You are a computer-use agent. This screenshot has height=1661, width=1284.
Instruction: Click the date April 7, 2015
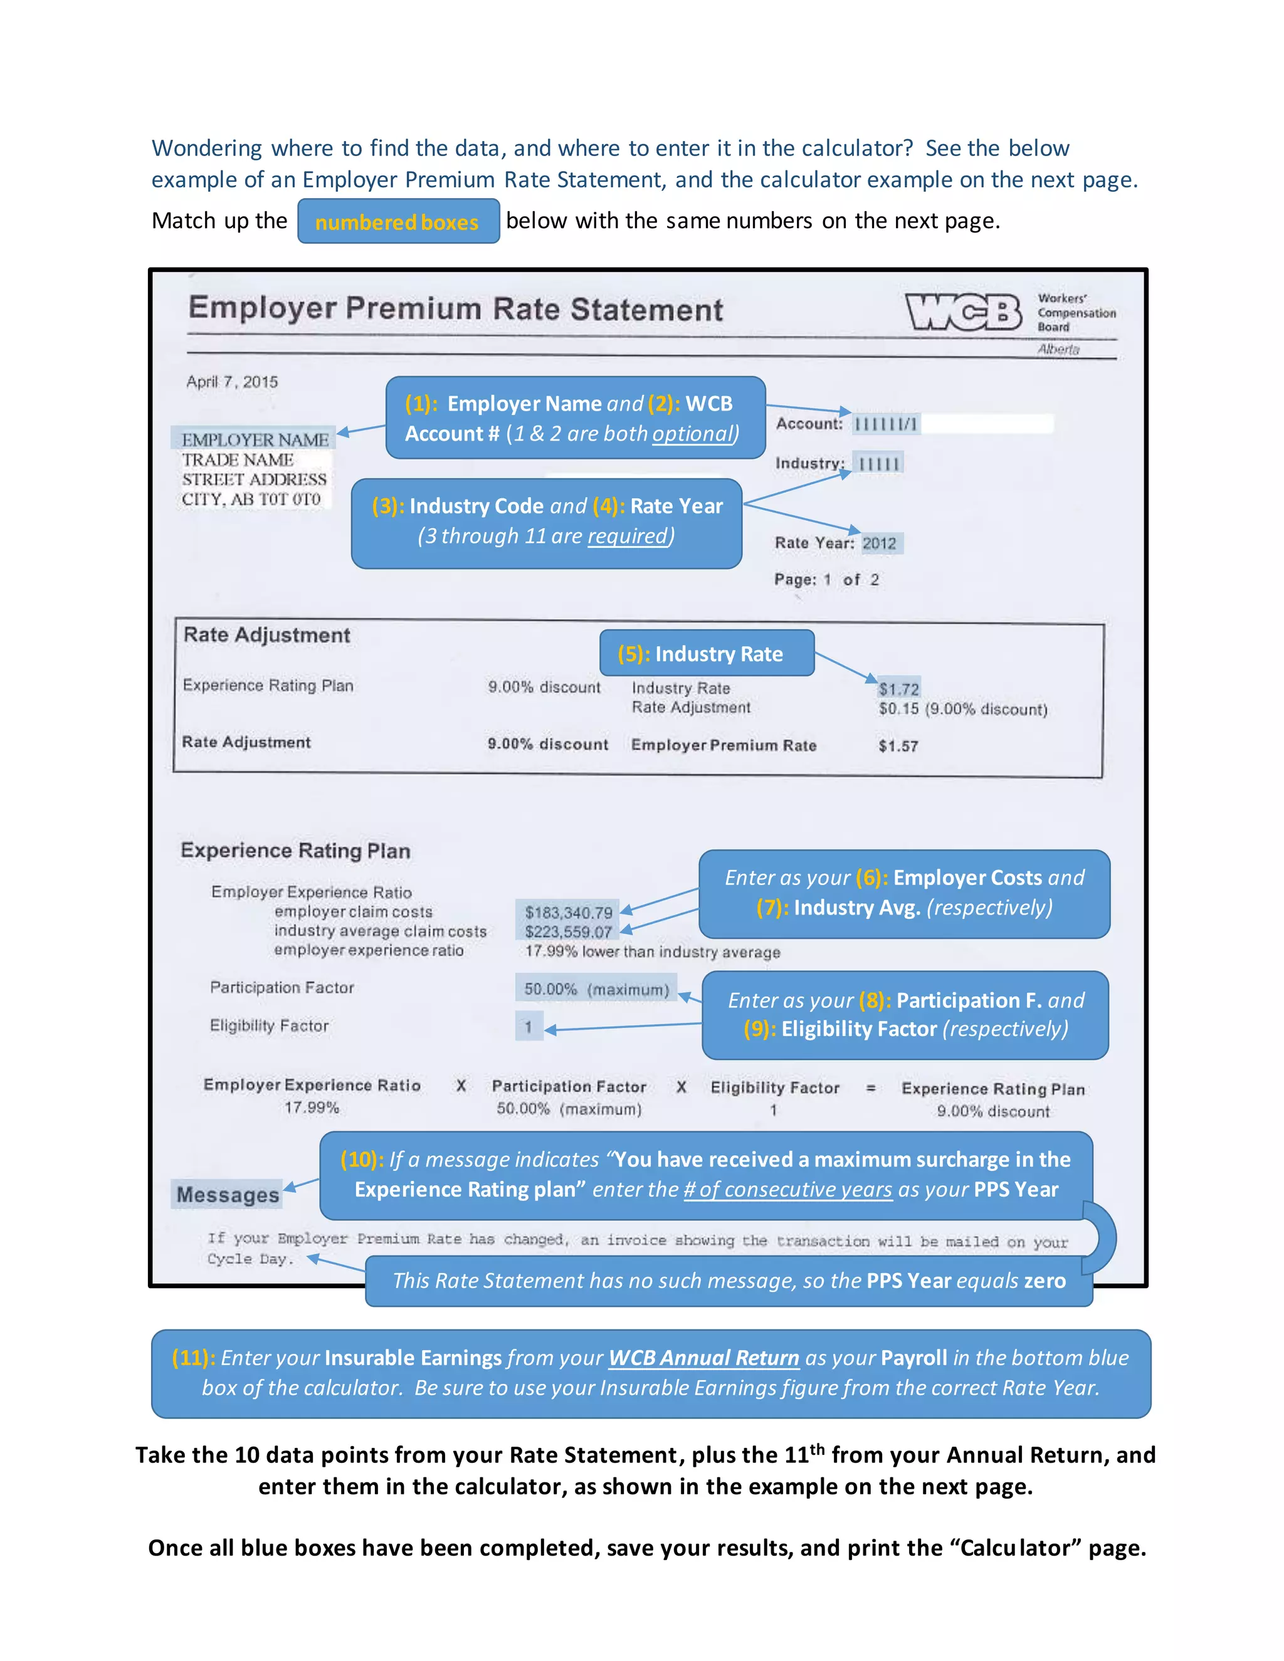click(232, 382)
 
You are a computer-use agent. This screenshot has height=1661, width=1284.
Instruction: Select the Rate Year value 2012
click(880, 543)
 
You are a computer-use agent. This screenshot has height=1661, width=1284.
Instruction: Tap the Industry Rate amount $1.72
click(898, 689)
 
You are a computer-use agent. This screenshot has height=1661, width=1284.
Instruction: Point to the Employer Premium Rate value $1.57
click(898, 746)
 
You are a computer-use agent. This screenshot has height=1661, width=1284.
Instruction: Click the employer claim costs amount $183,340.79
click(568, 912)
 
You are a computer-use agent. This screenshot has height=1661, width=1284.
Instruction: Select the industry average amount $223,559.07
click(568, 931)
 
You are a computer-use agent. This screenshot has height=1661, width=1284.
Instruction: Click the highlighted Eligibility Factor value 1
click(528, 1027)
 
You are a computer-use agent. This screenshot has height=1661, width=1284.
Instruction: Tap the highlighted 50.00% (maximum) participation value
click(596, 988)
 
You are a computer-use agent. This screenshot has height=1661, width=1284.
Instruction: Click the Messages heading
click(228, 1195)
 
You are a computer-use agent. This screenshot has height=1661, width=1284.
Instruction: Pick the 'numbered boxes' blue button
click(398, 221)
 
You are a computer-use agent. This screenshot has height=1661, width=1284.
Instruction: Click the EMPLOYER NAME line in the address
click(255, 439)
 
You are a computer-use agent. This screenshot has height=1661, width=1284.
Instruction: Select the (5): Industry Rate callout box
click(707, 653)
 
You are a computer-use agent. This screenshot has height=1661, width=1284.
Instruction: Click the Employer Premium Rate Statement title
click(456, 309)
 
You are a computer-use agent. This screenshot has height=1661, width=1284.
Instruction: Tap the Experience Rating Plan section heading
click(295, 851)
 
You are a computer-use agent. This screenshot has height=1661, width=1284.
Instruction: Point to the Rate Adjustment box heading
click(267, 635)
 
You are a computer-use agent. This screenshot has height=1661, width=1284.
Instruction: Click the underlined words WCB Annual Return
click(703, 1358)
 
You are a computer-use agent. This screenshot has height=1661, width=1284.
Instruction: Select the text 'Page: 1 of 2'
click(826, 580)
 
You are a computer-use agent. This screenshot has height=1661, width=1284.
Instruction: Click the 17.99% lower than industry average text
click(652, 951)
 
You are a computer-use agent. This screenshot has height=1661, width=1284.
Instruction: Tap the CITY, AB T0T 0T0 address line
click(251, 500)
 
